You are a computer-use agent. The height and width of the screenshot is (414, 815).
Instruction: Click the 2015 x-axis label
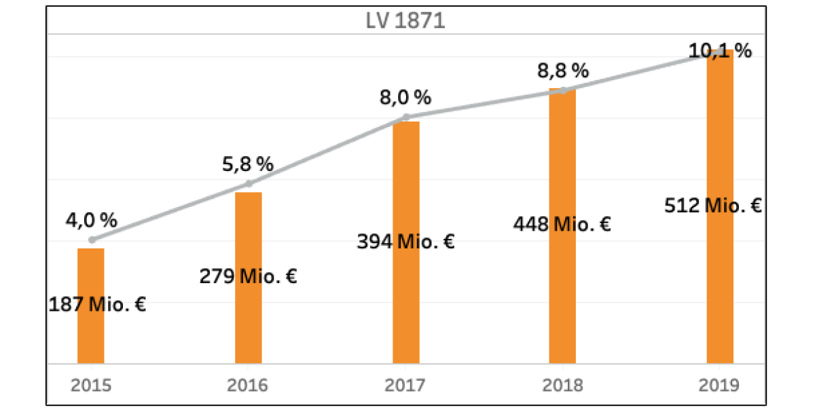[x=91, y=385]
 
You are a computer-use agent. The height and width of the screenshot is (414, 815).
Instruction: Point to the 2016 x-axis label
[x=249, y=385]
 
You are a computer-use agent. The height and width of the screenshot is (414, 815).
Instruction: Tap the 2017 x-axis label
[x=406, y=385]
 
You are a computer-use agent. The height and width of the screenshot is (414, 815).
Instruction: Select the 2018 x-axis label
[x=563, y=385]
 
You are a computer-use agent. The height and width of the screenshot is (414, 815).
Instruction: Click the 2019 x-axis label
[x=720, y=385]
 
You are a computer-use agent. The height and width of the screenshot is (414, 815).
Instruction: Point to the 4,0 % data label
[x=92, y=221]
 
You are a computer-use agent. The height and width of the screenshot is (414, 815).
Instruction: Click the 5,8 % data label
[x=248, y=164]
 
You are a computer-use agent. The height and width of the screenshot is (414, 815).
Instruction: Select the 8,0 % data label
[x=405, y=98]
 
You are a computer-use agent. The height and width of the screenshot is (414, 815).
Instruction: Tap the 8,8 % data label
[x=563, y=71]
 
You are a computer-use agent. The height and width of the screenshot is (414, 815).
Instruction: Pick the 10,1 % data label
[x=720, y=51]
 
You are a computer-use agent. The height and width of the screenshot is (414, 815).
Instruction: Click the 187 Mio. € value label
[x=98, y=305]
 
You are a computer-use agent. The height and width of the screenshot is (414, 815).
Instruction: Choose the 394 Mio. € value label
[x=405, y=242]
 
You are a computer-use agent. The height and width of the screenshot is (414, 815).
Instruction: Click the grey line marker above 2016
[x=249, y=183]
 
